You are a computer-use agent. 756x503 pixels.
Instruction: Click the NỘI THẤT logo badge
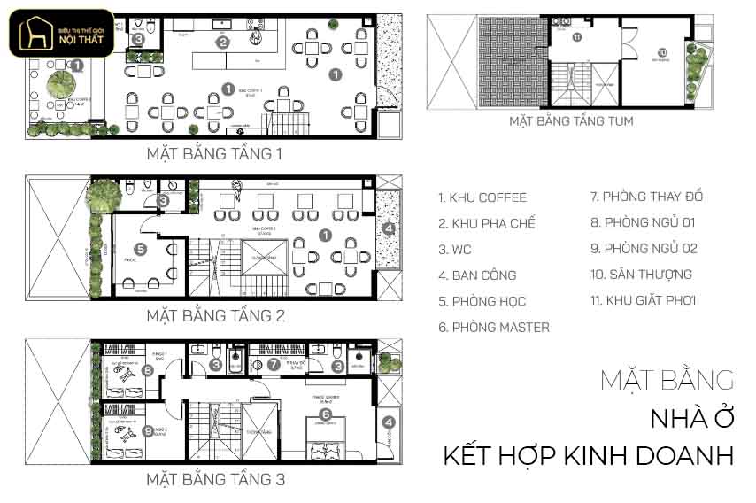[61, 33]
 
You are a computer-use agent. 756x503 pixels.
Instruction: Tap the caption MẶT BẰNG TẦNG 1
[215, 154]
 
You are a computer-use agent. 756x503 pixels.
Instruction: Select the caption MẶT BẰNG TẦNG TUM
[571, 121]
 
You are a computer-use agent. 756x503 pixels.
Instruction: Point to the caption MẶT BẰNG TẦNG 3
[215, 481]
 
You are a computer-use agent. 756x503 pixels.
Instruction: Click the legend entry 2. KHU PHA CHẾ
[487, 223]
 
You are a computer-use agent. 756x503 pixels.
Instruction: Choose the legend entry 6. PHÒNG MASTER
[494, 327]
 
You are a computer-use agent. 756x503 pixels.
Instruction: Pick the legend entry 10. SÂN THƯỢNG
[641, 275]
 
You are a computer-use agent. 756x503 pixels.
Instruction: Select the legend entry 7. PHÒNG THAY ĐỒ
[646, 197]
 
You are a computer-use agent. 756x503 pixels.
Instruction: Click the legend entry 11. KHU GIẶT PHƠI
[643, 300]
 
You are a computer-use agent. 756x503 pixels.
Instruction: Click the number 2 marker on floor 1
[223, 41]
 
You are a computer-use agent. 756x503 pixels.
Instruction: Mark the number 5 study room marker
[140, 250]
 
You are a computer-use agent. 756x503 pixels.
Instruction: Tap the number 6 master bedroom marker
[325, 414]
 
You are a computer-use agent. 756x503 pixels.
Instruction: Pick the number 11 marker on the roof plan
[576, 37]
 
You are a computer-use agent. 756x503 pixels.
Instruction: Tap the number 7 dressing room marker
[274, 364]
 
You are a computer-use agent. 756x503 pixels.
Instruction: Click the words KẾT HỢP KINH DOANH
[589, 456]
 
